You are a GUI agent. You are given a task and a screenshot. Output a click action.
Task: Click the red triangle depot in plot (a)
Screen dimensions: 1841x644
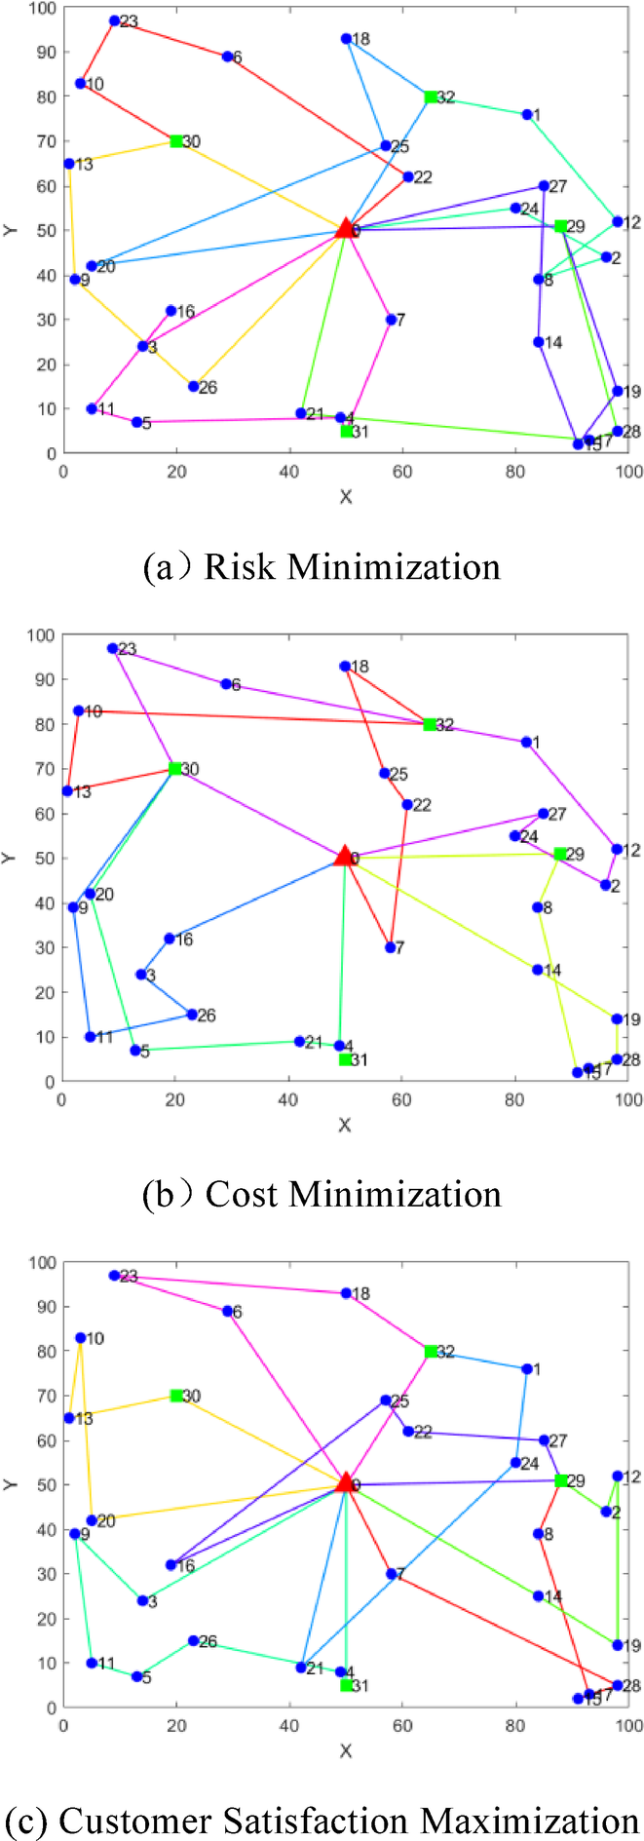click(345, 229)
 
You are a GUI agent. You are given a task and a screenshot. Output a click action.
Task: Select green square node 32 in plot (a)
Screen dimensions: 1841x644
click(431, 96)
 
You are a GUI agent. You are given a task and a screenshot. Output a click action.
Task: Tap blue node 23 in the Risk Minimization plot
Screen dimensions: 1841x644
click(114, 20)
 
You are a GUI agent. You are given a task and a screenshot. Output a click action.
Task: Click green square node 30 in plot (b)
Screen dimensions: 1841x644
click(175, 768)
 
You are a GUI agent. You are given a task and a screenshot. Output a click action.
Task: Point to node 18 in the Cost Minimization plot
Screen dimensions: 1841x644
click(345, 666)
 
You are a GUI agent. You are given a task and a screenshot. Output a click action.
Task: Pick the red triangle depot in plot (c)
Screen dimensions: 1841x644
click(345, 1482)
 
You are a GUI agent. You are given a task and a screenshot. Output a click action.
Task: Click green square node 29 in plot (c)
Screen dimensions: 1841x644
click(561, 1480)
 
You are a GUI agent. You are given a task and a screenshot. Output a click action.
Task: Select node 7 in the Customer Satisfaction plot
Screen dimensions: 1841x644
click(391, 1573)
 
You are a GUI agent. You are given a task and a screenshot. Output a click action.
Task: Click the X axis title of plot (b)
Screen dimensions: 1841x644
click(345, 1125)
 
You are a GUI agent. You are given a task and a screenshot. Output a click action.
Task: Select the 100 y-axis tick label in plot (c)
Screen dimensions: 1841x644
click(42, 1262)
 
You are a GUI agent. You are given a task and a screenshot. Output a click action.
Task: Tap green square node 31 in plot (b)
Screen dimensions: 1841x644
click(346, 1059)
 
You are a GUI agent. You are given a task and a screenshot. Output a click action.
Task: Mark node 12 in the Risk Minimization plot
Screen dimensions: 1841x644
click(617, 221)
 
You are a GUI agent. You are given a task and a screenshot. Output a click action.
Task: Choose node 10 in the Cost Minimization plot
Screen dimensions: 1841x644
click(79, 710)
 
